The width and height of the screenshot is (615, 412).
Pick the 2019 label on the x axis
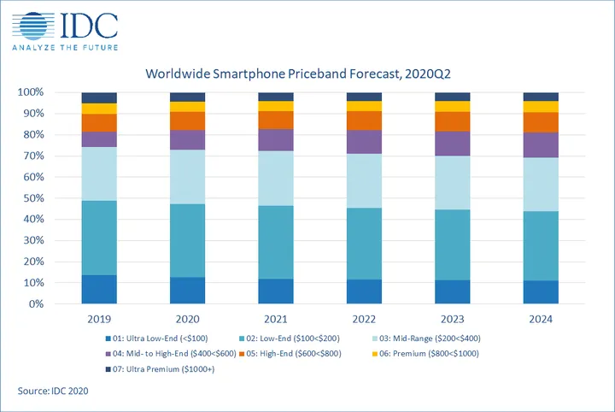(x=99, y=320)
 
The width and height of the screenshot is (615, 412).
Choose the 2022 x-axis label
(x=364, y=320)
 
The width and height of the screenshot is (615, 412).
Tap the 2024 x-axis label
(x=541, y=320)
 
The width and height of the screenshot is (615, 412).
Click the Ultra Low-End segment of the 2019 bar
(x=99, y=290)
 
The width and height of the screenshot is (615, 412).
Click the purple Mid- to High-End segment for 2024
(x=541, y=145)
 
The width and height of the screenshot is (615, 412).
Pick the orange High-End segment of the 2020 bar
(x=187, y=121)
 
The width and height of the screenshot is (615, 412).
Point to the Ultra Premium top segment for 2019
(x=99, y=97)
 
